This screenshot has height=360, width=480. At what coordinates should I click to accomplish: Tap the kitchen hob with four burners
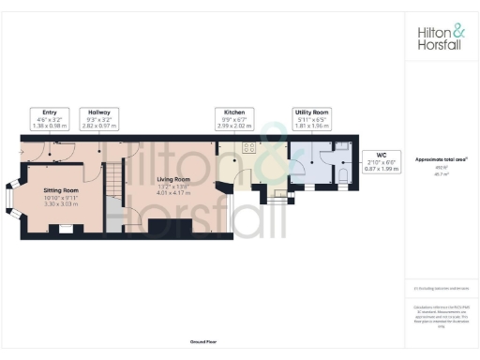(x=250, y=146)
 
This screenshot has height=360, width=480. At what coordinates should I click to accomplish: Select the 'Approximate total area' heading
(x=440, y=159)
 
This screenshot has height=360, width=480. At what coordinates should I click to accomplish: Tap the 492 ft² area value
(x=440, y=168)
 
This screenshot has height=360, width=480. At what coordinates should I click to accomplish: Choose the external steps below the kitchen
(x=277, y=197)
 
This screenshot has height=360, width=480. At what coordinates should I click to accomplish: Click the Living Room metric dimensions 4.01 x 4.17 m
(x=173, y=194)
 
